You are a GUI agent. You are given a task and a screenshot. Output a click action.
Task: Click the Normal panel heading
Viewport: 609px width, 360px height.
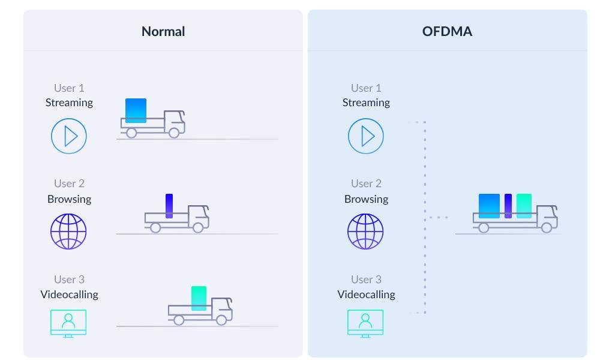click(163, 31)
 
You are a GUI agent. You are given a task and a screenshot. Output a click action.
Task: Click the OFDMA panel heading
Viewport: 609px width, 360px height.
click(447, 31)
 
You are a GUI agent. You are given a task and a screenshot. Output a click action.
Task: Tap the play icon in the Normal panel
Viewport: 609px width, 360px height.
click(69, 136)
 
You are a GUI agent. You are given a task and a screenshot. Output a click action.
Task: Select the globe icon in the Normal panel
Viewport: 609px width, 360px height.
click(68, 231)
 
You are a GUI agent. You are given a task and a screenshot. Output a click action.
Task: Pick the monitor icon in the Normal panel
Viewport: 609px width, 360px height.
click(68, 323)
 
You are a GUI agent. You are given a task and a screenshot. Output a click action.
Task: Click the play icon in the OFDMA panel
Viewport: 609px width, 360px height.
click(365, 136)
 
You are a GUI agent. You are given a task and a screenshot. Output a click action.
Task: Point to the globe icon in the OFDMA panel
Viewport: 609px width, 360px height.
click(365, 231)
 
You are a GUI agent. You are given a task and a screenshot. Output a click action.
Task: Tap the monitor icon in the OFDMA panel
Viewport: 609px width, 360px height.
click(365, 323)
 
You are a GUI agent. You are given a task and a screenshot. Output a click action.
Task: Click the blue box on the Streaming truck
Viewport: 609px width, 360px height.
click(136, 110)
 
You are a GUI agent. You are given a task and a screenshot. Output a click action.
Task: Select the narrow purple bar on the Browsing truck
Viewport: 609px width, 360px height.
click(169, 205)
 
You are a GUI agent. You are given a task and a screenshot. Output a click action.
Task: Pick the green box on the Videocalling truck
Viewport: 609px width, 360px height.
click(199, 298)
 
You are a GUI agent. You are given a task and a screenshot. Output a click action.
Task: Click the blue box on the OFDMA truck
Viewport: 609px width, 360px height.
click(489, 205)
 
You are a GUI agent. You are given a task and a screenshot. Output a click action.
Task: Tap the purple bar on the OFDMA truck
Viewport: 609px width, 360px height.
click(508, 205)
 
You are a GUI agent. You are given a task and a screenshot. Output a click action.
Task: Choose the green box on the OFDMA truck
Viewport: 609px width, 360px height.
click(524, 205)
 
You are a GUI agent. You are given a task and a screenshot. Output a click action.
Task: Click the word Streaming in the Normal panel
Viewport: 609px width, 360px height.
click(69, 103)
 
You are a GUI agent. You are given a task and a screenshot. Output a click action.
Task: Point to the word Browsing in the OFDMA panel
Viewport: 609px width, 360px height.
click(366, 199)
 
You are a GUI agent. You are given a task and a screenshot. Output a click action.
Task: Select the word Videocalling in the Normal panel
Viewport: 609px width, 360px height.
click(69, 294)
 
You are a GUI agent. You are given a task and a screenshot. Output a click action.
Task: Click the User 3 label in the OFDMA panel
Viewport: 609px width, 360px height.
click(366, 280)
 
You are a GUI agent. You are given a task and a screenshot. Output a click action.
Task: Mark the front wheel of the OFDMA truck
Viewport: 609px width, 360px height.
click(546, 228)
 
